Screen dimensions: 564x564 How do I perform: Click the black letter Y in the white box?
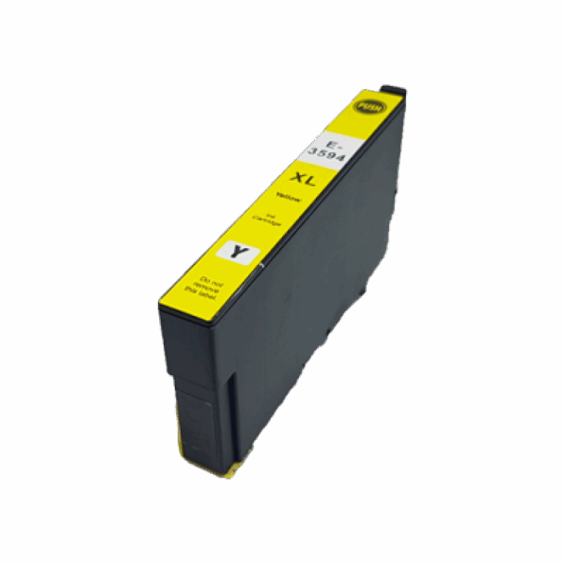pyautogui.click(x=237, y=253)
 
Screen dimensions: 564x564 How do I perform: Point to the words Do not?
pyautogui.click(x=208, y=279)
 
